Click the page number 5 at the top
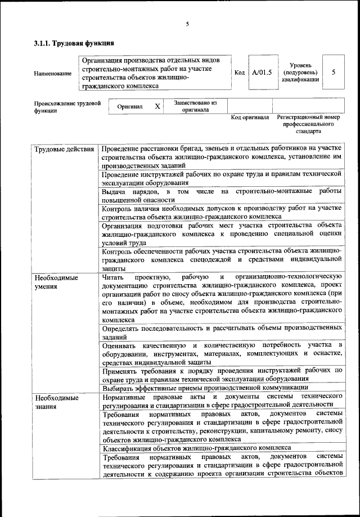[187, 23]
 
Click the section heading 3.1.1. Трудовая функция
[74, 43]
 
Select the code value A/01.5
[262, 73]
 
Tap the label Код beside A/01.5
[238, 73]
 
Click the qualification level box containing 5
[334, 73]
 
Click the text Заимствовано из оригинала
[195, 106]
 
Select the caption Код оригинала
[250, 118]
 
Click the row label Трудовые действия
[64, 150]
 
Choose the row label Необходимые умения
[56, 282]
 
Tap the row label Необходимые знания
[56, 402]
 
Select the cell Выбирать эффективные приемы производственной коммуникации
[205, 388]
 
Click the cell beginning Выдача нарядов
[222, 196]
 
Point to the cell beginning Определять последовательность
[222, 332]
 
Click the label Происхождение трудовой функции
[67, 107]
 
